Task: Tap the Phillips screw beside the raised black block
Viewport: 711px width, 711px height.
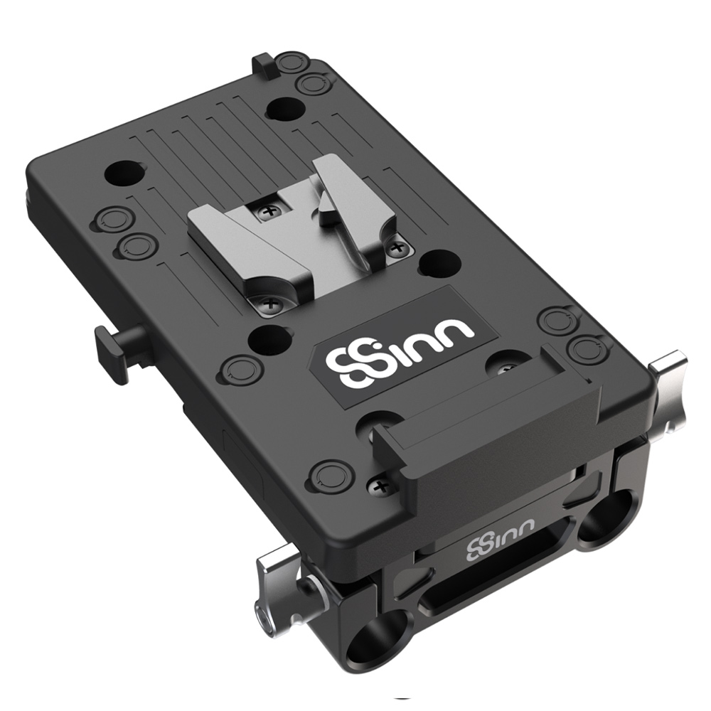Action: (x=380, y=487)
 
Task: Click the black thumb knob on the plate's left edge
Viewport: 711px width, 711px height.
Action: (x=119, y=348)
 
